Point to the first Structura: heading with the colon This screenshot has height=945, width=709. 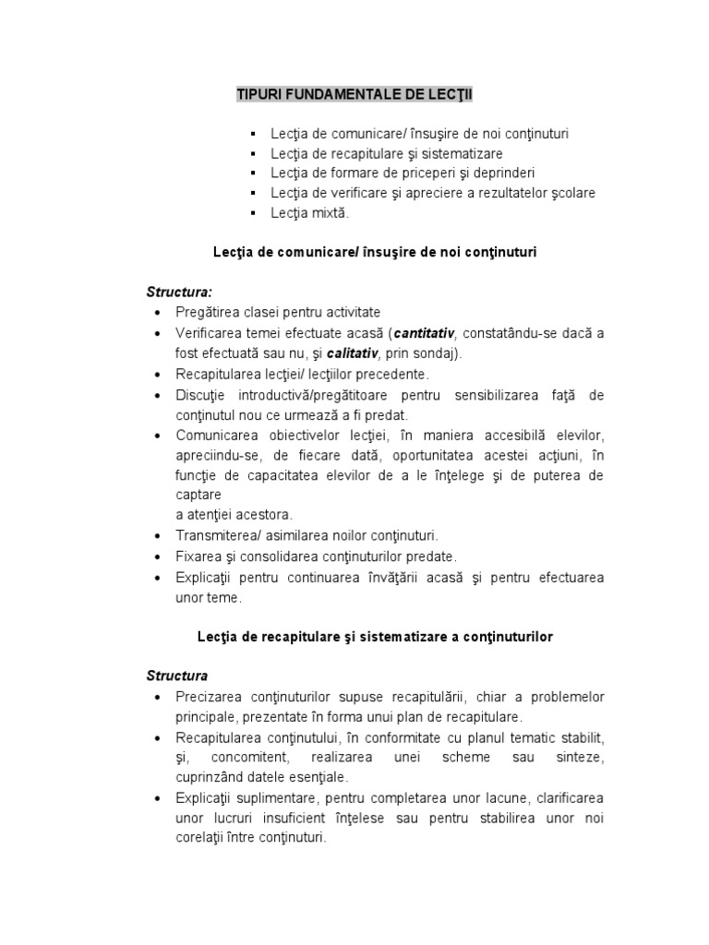179,292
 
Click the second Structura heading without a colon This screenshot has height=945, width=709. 177,676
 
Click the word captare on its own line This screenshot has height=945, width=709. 197,494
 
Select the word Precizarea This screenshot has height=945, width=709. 211,696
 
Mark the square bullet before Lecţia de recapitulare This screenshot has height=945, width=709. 252,153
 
